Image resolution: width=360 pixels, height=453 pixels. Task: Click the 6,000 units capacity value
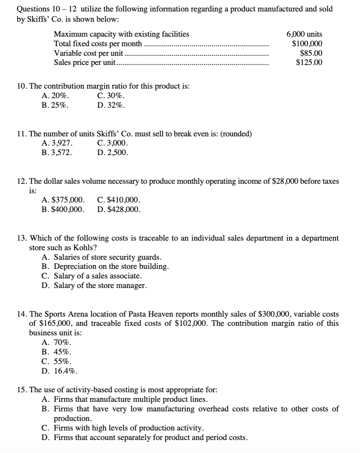pos(304,34)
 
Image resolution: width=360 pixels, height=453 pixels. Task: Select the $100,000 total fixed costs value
pos(307,44)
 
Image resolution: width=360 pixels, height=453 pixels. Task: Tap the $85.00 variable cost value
pos(311,53)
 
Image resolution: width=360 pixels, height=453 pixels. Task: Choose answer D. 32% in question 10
pos(111,105)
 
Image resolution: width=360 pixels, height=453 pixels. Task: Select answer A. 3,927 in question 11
pos(58,144)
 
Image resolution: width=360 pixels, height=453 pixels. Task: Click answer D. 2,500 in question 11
pos(113,153)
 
